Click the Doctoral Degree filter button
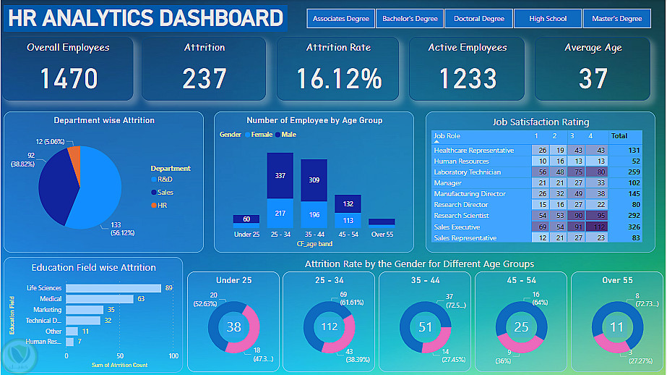(479, 19)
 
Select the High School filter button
(548, 19)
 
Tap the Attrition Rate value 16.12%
(338, 78)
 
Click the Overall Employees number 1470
(69, 78)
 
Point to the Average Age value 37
(593, 78)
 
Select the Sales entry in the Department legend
(165, 192)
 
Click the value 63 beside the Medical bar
(142, 298)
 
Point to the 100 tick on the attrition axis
(173, 356)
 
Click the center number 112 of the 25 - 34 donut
(330, 327)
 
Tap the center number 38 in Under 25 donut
(233, 327)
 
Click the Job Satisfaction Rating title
(541, 122)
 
